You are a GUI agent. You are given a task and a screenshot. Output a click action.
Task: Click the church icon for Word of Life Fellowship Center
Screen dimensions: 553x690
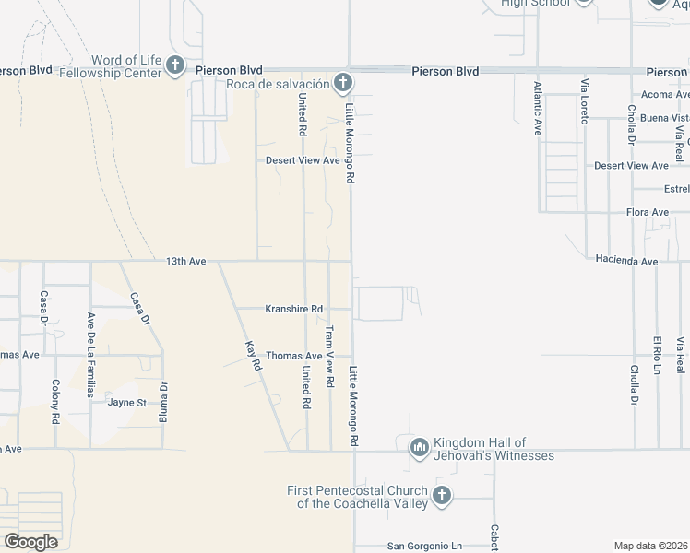[176, 66]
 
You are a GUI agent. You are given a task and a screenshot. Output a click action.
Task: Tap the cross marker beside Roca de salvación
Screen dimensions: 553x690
[342, 84]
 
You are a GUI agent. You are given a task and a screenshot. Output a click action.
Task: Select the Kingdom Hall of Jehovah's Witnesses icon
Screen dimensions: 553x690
[420, 447]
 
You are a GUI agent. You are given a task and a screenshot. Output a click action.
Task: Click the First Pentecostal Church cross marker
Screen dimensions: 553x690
[441, 496]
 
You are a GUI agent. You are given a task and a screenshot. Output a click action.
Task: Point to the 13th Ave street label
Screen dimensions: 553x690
[186, 262]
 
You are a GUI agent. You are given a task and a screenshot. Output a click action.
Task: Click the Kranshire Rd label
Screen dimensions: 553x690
[294, 309]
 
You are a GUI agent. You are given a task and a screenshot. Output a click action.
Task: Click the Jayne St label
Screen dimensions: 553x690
[127, 403]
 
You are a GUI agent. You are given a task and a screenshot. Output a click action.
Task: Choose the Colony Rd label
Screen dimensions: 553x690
[56, 402]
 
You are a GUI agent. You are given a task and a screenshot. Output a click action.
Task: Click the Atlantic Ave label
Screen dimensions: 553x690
[538, 109]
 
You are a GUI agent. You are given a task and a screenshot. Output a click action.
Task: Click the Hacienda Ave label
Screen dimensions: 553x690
[626, 261]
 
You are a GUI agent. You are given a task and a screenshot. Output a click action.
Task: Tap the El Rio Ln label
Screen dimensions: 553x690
[657, 355]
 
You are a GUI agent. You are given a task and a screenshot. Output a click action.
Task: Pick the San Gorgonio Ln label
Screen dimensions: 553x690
[424, 546]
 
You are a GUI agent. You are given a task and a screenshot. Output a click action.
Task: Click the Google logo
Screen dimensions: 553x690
[30, 541]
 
